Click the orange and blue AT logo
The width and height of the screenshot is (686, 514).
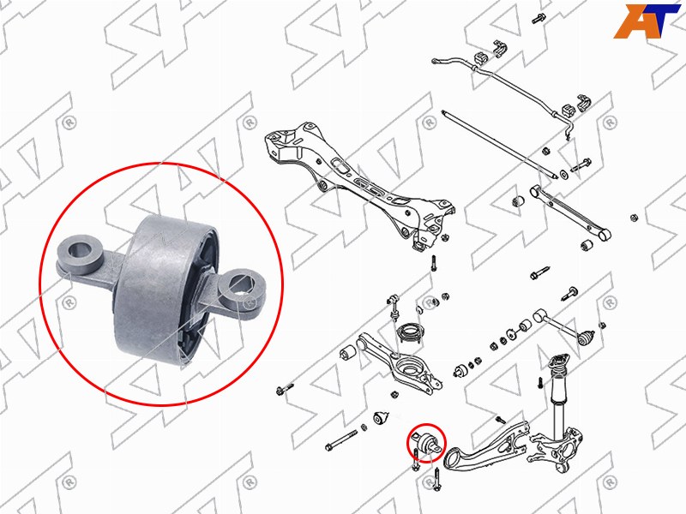point(647,21)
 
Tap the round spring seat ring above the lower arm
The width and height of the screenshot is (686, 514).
point(410,333)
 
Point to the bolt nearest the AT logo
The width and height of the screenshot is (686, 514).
point(538,18)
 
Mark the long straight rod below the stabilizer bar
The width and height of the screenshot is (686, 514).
point(500,143)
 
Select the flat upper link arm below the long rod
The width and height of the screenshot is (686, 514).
point(569,211)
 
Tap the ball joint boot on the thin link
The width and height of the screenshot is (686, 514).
point(587,338)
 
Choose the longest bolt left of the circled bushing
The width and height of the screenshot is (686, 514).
point(341,440)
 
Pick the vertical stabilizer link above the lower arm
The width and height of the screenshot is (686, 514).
point(393,309)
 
